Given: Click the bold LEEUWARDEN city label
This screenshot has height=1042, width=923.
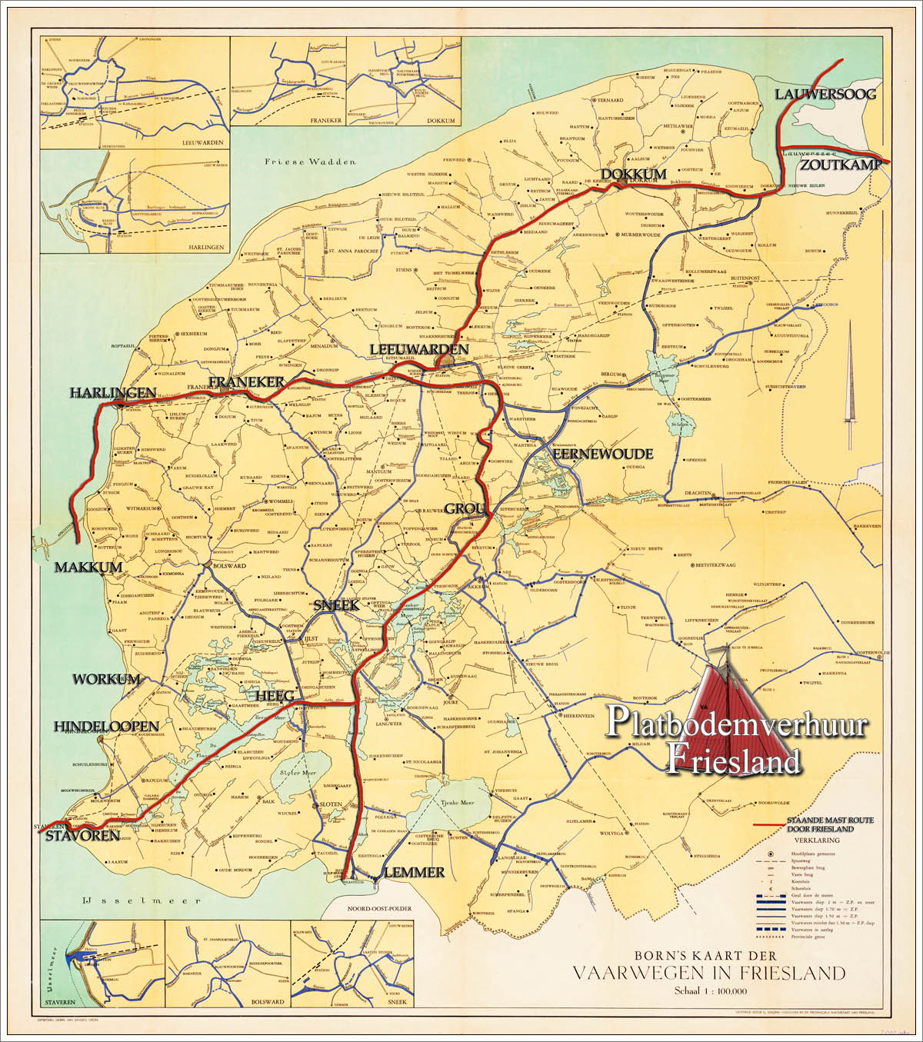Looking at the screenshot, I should click(418, 350).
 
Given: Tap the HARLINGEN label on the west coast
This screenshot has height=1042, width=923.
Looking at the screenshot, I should click(113, 393).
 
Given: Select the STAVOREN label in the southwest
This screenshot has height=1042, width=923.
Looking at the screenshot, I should click(82, 835).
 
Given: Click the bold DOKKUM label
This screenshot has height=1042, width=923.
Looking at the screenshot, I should click(634, 175).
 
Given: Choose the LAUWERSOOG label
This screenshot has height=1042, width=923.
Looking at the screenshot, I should click(825, 95).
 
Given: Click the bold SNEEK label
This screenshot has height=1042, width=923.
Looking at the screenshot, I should click(336, 606).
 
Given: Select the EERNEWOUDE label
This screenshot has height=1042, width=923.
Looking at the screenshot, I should click(603, 454).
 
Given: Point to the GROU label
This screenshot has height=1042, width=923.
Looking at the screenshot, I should click(465, 509).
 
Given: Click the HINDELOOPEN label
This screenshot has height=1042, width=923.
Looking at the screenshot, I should click(106, 727).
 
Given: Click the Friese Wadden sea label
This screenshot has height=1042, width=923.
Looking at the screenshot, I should click(310, 162).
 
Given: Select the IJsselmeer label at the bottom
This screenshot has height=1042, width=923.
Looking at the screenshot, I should click(142, 901).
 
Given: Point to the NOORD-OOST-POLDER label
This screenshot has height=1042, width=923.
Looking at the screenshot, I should click(379, 908).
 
